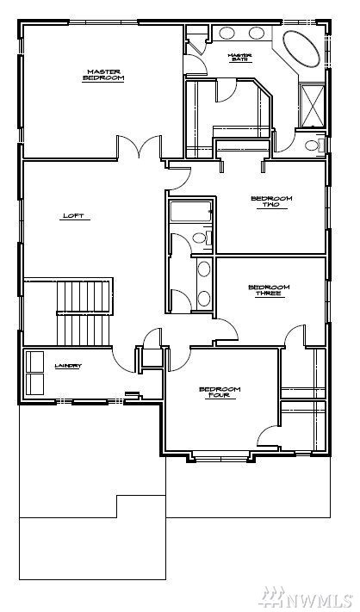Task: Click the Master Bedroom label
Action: (103, 75)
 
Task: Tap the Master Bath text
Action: (239, 58)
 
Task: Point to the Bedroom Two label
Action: (271, 201)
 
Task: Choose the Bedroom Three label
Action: (269, 290)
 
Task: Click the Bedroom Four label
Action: (220, 393)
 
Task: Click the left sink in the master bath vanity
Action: (227, 34)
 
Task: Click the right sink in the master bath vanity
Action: (257, 34)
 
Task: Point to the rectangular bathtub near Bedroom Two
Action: (189, 212)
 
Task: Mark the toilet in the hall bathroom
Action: (200, 237)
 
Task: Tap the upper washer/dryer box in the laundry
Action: (35, 359)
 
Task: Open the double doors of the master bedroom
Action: (141, 148)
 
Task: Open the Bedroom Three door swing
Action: (227, 326)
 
